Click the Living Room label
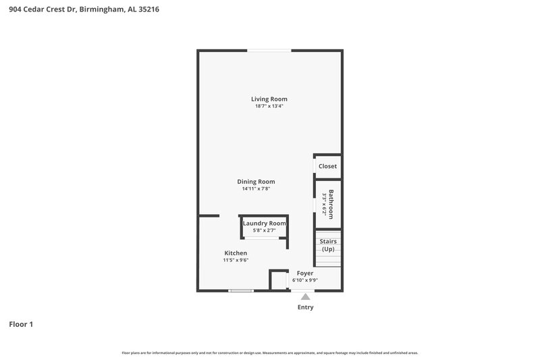tap(269, 99)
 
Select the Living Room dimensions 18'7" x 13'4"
tap(269, 107)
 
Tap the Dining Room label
tap(256, 182)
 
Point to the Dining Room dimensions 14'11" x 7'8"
tap(256, 189)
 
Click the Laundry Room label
tap(265, 224)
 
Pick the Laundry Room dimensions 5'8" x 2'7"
tap(265, 230)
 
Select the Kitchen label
tap(236, 253)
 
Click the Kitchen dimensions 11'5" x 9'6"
tap(236, 260)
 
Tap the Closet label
tap(327, 166)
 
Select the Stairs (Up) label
tap(328, 245)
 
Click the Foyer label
tap(305, 274)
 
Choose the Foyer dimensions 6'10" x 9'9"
tap(305, 280)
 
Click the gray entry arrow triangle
tap(306, 297)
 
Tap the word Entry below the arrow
tap(306, 307)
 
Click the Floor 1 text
tap(21, 325)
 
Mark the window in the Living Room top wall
tap(269, 50)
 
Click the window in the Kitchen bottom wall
tap(240, 291)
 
